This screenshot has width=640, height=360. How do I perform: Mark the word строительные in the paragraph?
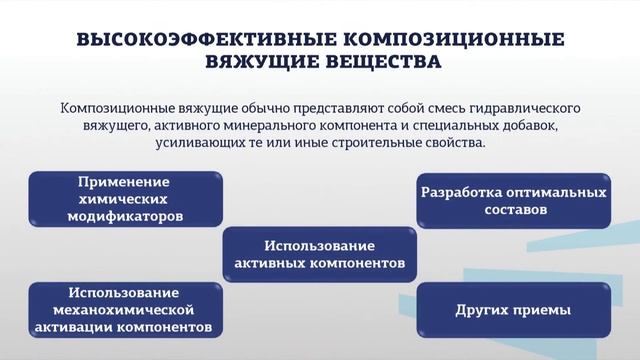pyautogui.click(x=372, y=144)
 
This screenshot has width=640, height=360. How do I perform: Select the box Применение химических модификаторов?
pyautogui.click(x=124, y=198)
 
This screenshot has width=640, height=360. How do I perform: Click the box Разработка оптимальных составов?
pyautogui.click(x=513, y=199)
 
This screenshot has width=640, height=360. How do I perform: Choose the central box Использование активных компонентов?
pyautogui.click(x=319, y=254)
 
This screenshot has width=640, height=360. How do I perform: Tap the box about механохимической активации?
pyautogui.click(x=124, y=310)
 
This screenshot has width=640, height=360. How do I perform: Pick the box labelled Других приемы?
pyautogui.click(x=513, y=310)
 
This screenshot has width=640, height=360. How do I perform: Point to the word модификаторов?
pyautogui.click(x=125, y=215)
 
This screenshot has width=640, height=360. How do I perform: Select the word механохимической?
pyautogui.click(x=125, y=310)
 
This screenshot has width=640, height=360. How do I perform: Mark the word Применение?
pyautogui.click(x=125, y=182)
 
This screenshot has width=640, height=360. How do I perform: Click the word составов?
pyautogui.click(x=513, y=211)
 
